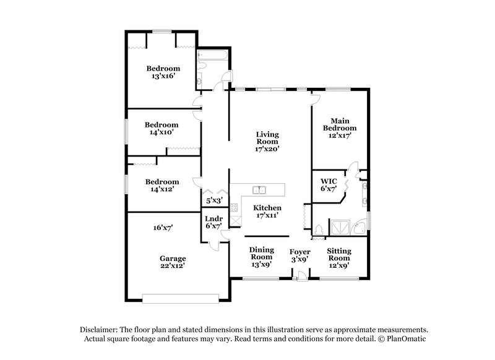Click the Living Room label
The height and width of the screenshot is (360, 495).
(268, 141)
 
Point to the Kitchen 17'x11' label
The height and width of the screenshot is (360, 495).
(268, 212)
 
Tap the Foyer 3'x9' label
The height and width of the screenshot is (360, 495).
(301, 255)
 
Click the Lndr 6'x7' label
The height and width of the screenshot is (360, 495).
(213, 222)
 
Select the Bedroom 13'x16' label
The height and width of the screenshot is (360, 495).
(163, 72)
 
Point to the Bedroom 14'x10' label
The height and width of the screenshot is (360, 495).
(161, 128)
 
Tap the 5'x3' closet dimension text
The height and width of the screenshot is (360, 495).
(213, 201)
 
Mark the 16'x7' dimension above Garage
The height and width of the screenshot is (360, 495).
(162, 228)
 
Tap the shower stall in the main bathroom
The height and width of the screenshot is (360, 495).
(340, 229)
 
